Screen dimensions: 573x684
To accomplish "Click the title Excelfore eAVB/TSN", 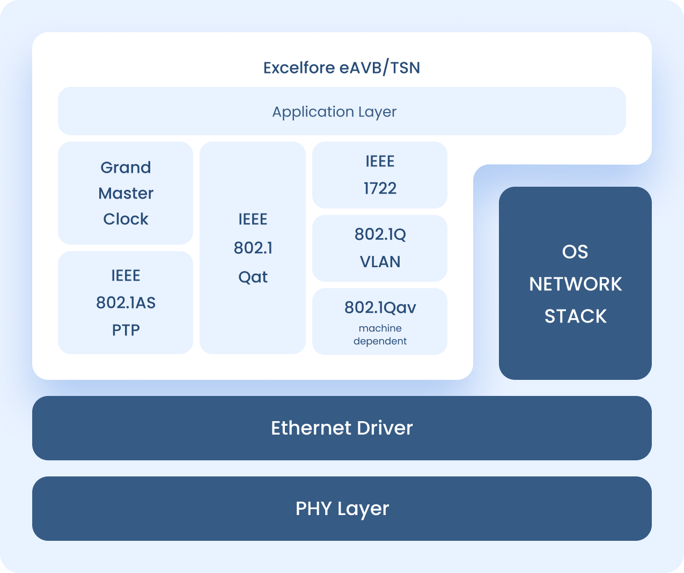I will point(341,68).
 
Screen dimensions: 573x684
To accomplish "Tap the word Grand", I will point(126,167).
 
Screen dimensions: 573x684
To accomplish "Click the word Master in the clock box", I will point(126,193).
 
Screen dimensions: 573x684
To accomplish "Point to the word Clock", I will point(126,219).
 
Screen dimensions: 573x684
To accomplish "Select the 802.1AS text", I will point(126,303).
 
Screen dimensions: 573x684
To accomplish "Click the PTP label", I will point(126,330).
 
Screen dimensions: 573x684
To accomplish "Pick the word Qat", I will point(253,277).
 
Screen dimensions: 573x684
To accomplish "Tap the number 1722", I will point(380,188).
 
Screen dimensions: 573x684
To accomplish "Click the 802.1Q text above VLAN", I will point(380,234).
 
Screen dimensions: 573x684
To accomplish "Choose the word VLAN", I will point(380,262).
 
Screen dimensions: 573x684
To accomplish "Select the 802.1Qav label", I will point(380,307).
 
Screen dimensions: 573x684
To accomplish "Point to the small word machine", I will point(380,328).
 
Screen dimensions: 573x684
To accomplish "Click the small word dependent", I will point(380,341).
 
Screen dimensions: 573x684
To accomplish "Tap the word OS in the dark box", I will point(575,252).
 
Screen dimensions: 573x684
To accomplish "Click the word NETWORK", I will point(575,284).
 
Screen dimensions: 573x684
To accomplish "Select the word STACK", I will point(575,316).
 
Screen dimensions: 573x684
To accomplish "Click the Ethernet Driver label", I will point(342,428).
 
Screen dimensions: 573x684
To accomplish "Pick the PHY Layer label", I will point(342,509).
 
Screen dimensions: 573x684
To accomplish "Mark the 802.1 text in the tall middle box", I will point(253,248).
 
